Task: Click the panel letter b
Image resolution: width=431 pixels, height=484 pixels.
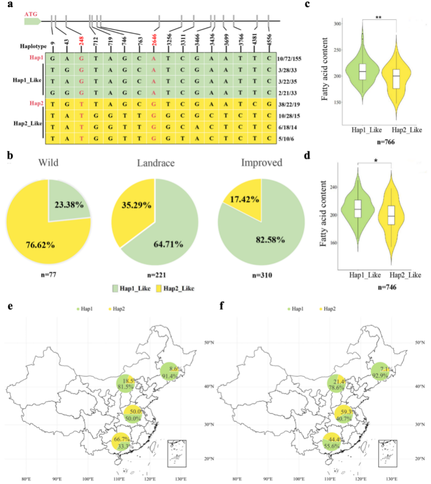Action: click(x=9, y=155)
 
